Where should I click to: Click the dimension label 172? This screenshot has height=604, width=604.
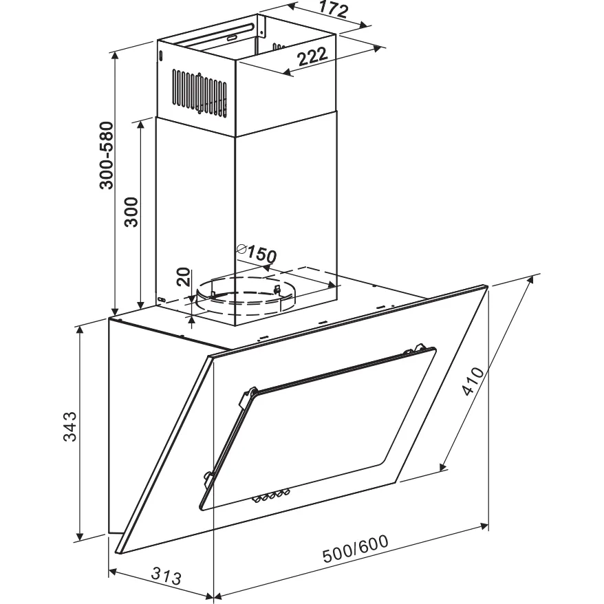(x=334, y=10)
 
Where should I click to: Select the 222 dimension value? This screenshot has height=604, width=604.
(x=312, y=56)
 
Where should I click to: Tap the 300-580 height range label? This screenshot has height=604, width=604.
(x=107, y=155)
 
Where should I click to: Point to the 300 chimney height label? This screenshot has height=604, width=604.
(x=131, y=212)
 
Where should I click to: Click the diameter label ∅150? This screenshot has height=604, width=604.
(x=257, y=252)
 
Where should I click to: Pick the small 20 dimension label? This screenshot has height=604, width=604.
(x=184, y=277)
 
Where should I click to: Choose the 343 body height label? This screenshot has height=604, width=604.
(x=70, y=427)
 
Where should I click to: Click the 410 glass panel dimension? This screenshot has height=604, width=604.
(x=473, y=381)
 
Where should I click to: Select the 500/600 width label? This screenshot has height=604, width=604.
(x=355, y=549)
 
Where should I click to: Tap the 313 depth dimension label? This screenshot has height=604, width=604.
(x=166, y=576)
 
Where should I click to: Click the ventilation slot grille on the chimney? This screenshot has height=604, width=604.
(x=199, y=94)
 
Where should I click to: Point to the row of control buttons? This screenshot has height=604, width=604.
(x=271, y=496)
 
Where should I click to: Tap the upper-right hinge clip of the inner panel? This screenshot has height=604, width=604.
(x=415, y=349)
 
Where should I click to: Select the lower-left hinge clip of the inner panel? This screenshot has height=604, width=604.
(x=207, y=477)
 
